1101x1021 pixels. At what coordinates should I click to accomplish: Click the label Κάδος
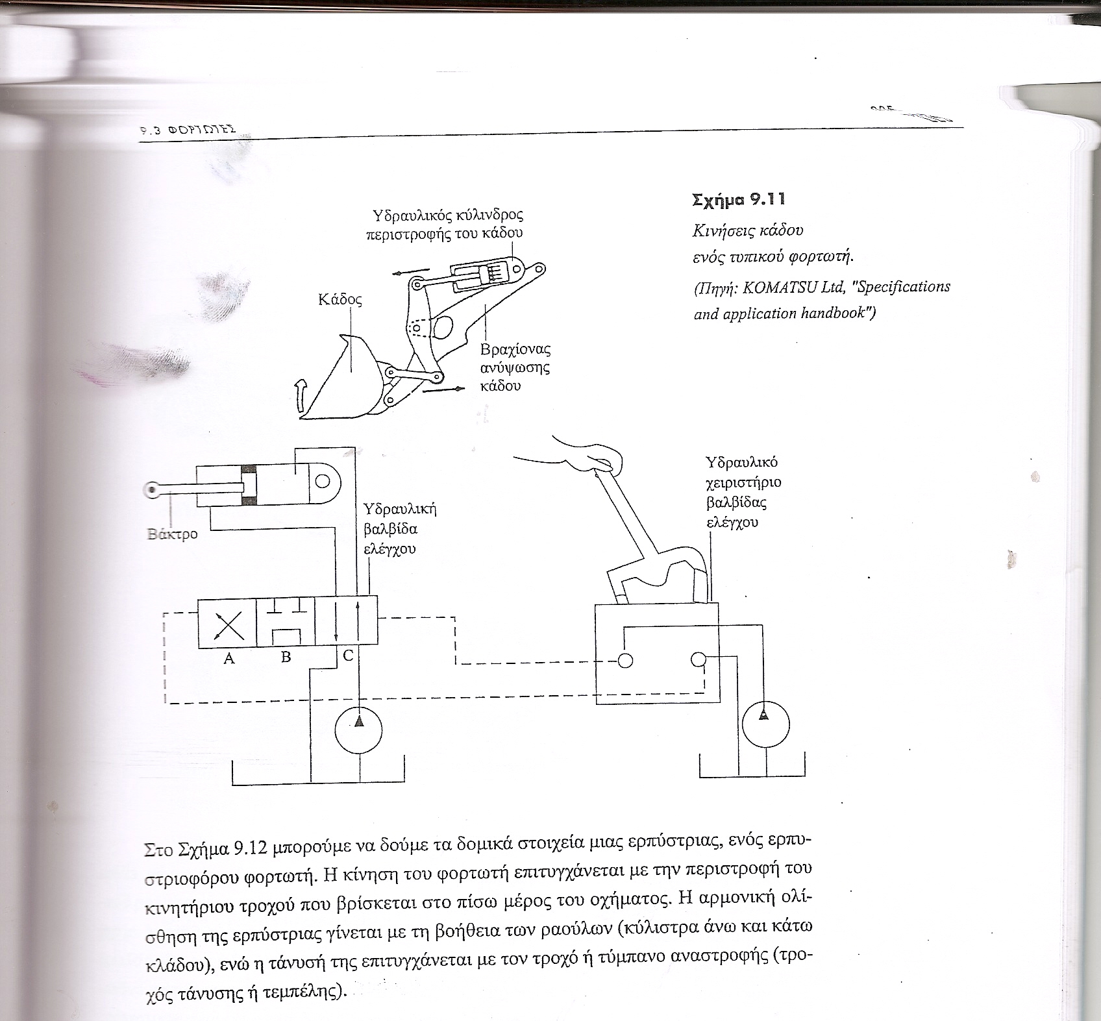[x=340, y=300]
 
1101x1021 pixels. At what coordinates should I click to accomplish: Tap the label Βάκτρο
[x=172, y=535]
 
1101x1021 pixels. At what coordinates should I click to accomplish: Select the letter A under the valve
[x=229, y=658]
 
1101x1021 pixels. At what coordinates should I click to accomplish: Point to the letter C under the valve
[x=348, y=656]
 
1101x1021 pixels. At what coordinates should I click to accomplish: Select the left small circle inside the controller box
[x=625, y=660]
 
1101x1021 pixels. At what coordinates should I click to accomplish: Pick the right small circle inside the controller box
[x=699, y=659]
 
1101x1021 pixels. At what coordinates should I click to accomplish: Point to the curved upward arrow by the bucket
[x=299, y=396]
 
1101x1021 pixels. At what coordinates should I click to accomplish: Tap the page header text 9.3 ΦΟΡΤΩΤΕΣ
[x=188, y=129]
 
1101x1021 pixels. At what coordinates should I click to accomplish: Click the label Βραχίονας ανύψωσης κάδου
[x=515, y=367]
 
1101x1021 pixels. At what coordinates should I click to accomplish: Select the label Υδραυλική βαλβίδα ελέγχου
[x=399, y=528]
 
